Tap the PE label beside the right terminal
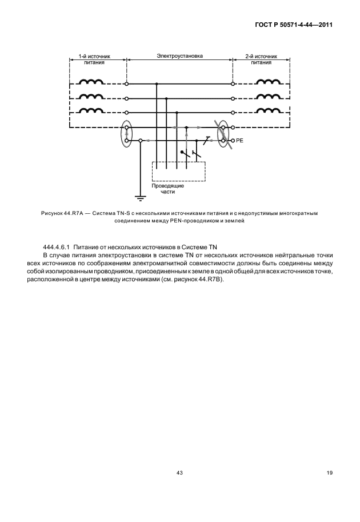241,140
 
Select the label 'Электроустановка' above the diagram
180,57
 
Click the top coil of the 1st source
91,83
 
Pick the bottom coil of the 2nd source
267,111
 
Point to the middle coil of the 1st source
91,97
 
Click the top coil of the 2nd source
267,83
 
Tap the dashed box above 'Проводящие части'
178,172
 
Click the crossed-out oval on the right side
225,133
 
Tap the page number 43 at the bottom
179,473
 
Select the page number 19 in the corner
329,473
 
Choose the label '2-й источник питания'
261,60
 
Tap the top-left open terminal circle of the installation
126,83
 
